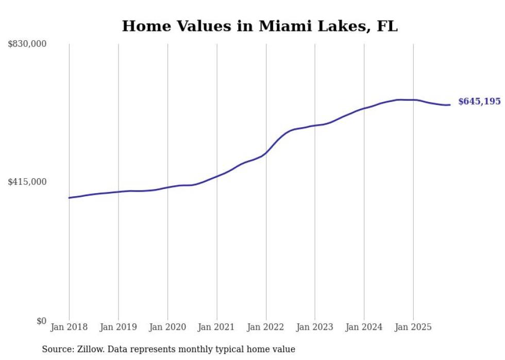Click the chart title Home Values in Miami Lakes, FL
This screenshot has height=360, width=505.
[x=260, y=26]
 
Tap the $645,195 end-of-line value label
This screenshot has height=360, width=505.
[x=479, y=101]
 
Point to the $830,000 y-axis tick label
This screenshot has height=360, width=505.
[x=27, y=44]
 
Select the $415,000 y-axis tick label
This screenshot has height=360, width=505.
[x=27, y=182]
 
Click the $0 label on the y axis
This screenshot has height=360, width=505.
[x=41, y=321]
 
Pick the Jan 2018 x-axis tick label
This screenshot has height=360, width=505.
[x=69, y=327]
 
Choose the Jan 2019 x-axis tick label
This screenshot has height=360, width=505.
[x=119, y=327]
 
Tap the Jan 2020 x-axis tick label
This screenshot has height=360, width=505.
[x=167, y=327]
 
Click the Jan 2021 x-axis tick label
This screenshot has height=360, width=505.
[x=217, y=327]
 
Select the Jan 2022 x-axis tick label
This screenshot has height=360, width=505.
[x=266, y=327]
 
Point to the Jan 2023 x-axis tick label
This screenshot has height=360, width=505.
[x=315, y=327]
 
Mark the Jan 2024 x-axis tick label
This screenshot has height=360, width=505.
[x=364, y=327]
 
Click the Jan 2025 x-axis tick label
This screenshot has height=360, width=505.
[x=413, y=327]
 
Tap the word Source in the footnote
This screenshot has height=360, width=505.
[x=56, y=349]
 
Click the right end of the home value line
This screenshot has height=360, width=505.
[x=450, y=105]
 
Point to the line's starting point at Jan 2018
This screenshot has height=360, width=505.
[x=69, y=198]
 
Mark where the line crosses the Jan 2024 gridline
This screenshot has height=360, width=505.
[x=364, y=108]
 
